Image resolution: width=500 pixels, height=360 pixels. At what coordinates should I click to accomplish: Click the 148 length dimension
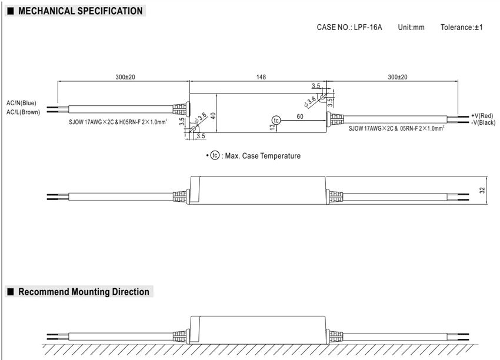pyautogui.click(x=261, y=77)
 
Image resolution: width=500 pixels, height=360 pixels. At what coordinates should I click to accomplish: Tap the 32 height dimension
pyautogui.click(x=482, y=191)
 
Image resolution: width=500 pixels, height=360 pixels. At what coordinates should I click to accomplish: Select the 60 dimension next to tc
pyautogui.click(x=300, y=116)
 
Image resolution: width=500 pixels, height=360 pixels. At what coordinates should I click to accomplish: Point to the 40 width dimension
pyautogui.click(x=214, y=115)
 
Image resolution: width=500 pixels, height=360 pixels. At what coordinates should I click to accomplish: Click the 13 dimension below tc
pyautogui.click(x=272, y=127)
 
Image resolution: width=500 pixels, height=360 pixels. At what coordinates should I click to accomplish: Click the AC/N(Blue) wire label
pyautogui.click(x=21, y=103)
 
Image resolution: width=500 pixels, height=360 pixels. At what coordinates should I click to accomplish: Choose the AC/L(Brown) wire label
pyautogui.click(x=24, y=112)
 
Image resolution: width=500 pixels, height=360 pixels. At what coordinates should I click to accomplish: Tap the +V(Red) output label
pyautogui.click(x=482, y=116)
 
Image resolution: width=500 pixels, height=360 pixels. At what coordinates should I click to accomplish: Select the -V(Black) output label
pyautogui.click(x=484, y=123)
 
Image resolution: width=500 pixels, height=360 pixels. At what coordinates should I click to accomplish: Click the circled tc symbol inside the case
pyautogui.click(x=276, y=120)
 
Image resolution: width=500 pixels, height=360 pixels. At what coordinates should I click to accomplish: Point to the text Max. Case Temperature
pyautogui.click(x=263, y=156)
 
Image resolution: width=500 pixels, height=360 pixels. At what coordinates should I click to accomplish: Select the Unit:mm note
pyautogui.click(x=411, y=28)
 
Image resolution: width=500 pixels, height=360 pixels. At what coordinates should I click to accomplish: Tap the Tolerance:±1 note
pyautogui.click(x=461, y=28)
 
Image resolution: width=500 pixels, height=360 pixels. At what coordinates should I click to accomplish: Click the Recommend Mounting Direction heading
pyautogui.click(x=84, y=292)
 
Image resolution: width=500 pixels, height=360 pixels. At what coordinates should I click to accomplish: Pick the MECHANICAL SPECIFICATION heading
pyautogui.click(x=81, y=11)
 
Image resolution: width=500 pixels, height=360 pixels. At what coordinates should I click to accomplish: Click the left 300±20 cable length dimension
pyautogui.click(x=125, y=77)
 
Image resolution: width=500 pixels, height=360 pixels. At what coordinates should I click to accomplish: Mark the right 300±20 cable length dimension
pyautogui.click(x=397, y=77)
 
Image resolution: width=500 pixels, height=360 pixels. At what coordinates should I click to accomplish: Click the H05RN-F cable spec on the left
pyautogui.click(x=143, y=122)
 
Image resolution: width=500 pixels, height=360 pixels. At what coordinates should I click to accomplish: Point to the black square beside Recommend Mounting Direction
pyautogui.click(x=11, y=292)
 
